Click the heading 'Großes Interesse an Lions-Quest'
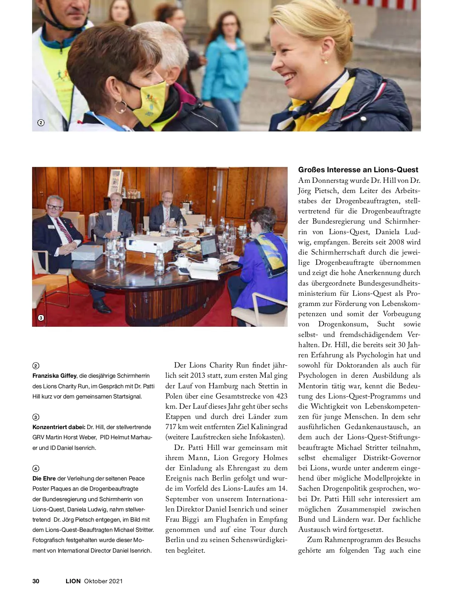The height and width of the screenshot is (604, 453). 358,170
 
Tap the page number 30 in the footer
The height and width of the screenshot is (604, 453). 36,581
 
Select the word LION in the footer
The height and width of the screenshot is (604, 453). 73,581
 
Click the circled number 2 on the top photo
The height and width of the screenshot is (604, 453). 41,123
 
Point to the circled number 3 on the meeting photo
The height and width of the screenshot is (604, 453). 41,318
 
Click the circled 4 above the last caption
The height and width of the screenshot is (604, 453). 36,468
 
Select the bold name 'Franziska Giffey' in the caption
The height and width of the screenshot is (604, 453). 54,376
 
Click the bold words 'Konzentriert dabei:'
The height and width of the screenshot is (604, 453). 59,427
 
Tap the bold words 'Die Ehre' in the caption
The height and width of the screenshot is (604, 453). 44,479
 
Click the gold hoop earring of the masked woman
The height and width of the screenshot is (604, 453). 120,107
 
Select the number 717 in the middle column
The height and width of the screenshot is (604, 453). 171,427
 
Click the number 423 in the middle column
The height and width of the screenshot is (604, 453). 281,396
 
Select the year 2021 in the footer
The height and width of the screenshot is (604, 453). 116,581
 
